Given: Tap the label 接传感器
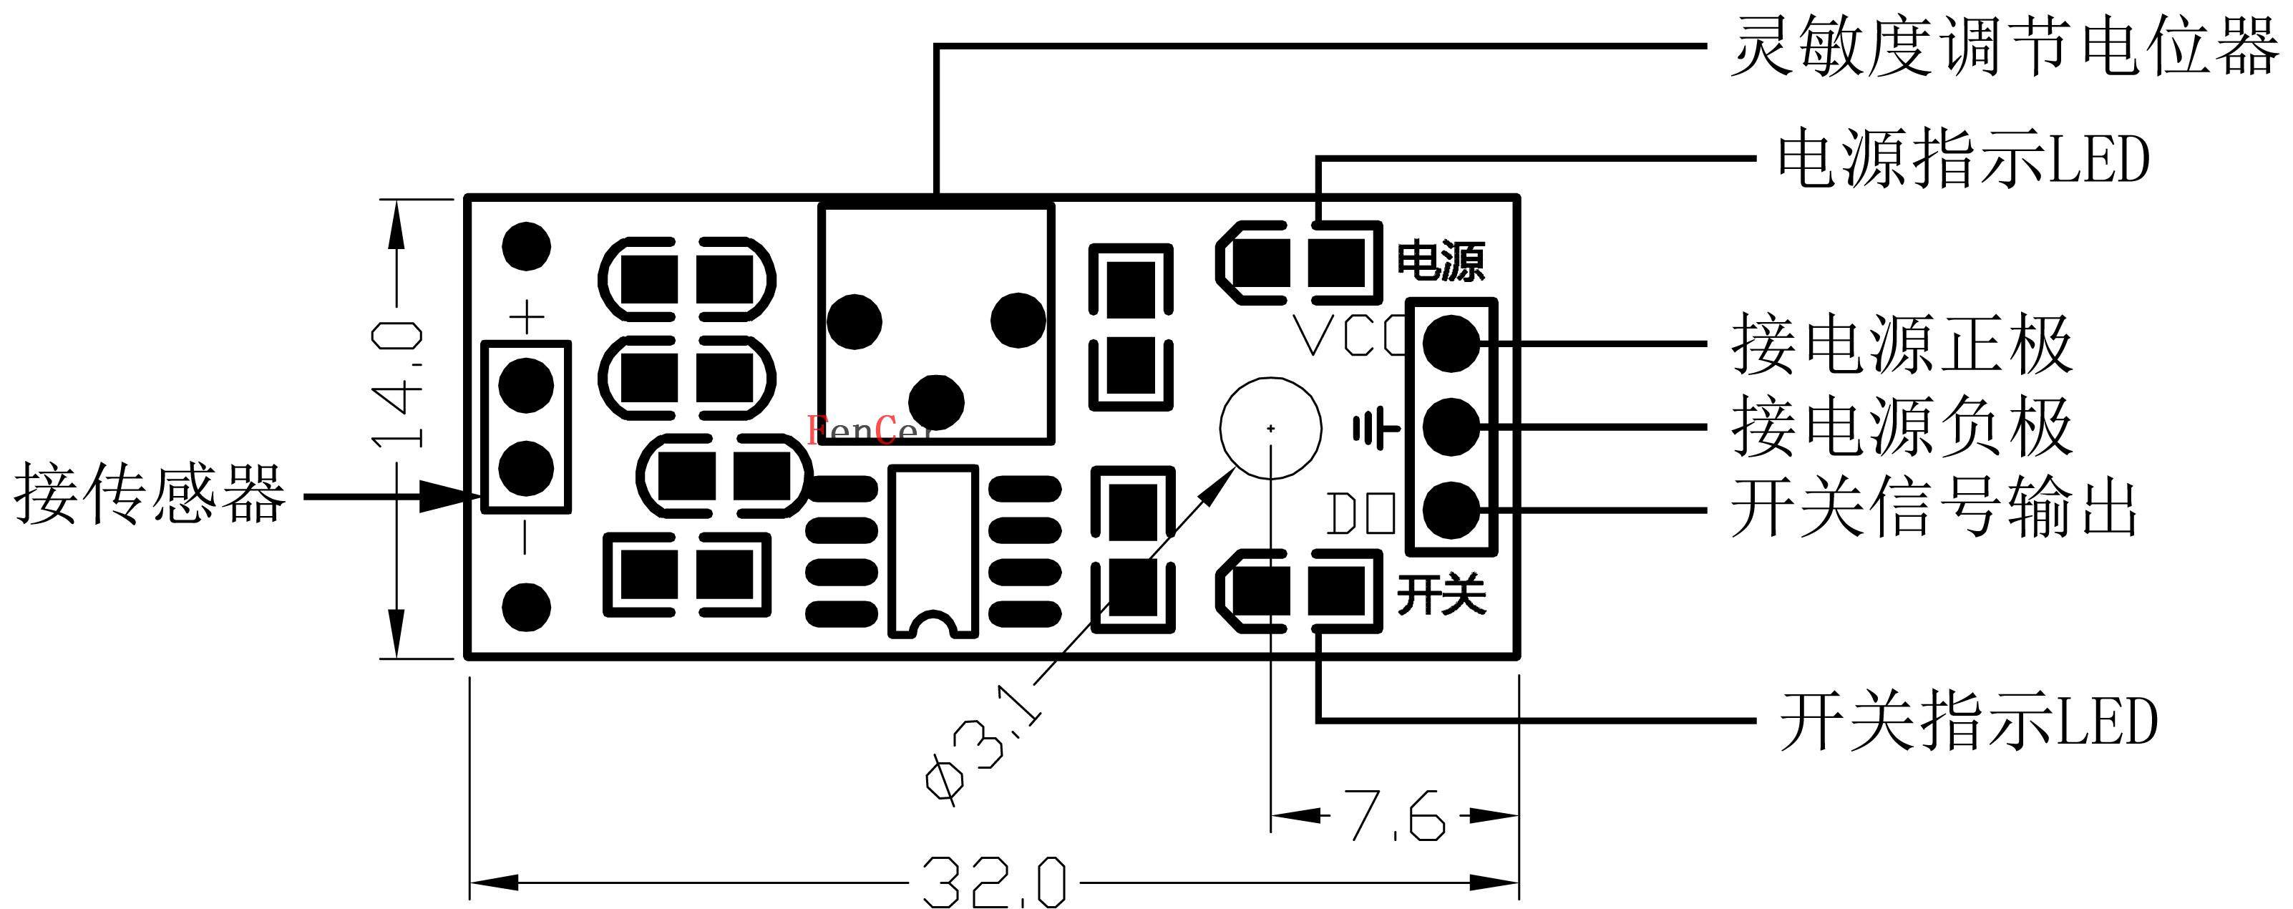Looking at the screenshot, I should point(150,493).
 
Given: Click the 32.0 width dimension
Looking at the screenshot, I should point(993,881).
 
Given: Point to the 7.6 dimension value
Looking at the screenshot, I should point(1396,815).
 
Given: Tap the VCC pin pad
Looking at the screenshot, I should point(1451,344).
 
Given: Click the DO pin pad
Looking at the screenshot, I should point(1451,511).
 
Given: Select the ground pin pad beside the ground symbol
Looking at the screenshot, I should point(1451,427).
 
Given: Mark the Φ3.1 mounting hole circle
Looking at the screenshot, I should point(1270,428).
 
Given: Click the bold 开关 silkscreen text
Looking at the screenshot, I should point(1440,595).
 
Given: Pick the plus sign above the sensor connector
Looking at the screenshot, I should point(530,317).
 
